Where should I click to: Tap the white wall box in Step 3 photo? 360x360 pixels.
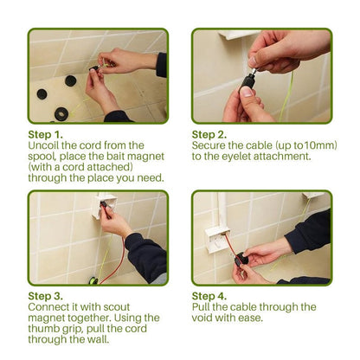pyautogui.click(x=105, y=207)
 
